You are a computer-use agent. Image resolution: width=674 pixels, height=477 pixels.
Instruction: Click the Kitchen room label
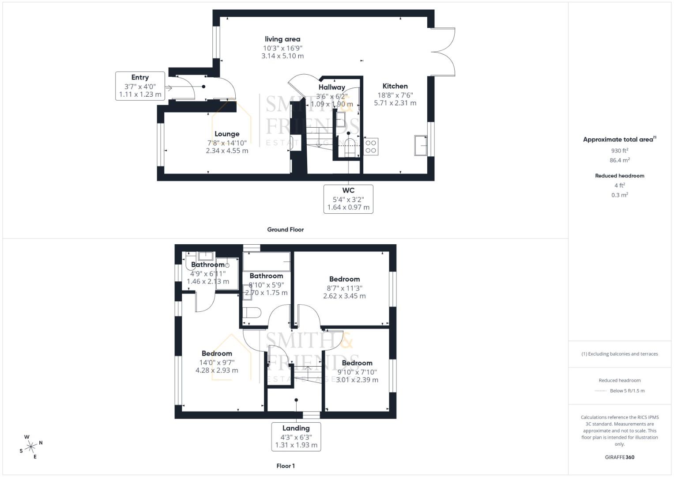click(x=395, y=86)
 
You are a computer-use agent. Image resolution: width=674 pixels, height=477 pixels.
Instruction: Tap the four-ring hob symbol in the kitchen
click(x=371, y=147)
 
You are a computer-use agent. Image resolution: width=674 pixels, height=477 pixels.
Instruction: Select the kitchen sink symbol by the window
click(x=421, y=145)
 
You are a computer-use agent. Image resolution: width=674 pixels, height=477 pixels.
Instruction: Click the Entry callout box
click(x=140, y=86)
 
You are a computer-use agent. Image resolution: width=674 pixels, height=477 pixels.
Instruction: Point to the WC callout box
click(x=348, y=199)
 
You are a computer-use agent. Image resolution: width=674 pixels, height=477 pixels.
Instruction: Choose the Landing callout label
click(x=296, y=428)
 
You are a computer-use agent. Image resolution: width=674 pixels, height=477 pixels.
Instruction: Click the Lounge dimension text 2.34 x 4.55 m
click(x=227, y=151)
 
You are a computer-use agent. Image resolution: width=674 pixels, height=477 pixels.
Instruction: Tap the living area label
click(x=282, y=39)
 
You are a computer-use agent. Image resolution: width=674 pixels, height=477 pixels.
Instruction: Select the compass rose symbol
click(x=30, y=447)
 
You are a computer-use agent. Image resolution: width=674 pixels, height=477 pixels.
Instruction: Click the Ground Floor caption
click(x=286, y=230)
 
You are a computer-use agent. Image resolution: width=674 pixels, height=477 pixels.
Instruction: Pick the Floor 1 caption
click(x=286, y=466)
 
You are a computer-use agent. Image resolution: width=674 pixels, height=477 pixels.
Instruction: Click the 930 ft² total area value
click(x=620, y=151)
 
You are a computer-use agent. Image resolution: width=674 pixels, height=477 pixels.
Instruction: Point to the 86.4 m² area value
click(x=620, y=160)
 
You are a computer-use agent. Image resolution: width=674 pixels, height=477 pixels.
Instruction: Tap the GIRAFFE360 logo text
click(x=620, y=457)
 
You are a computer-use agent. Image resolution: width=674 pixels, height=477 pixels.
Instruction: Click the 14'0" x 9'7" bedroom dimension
click(x=217, y=363)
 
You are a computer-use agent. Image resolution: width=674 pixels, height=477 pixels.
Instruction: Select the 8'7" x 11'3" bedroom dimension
click(x=344, y=288)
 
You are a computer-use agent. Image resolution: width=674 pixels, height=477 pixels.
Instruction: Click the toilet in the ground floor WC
click(x=349, y=148)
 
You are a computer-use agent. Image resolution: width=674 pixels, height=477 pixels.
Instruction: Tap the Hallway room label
click(x=332, y=87)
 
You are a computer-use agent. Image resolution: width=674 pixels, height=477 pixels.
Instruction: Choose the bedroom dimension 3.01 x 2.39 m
click(x=357, y=380)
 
